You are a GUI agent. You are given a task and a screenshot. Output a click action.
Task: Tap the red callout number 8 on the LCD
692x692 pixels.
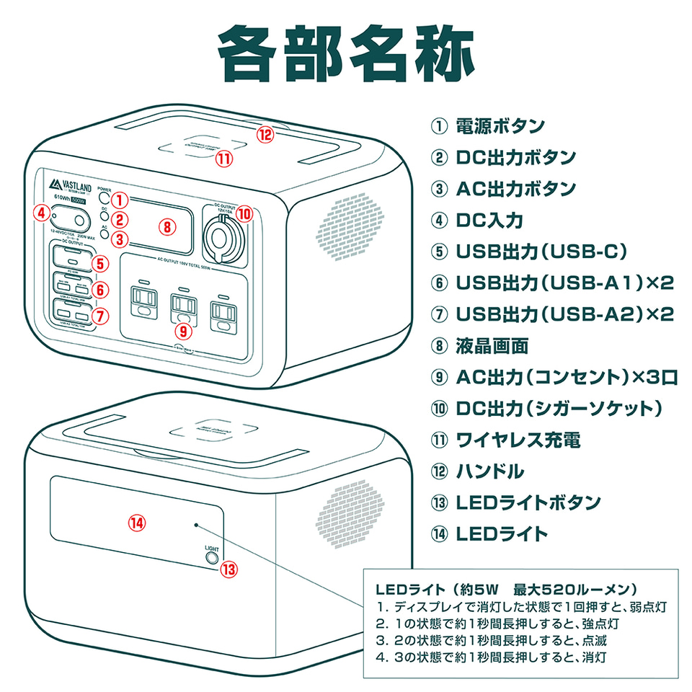pyautogui.click(x=167, y=226)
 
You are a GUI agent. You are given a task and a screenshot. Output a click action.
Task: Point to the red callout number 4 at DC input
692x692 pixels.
pyautogui.click(x=42, y=213)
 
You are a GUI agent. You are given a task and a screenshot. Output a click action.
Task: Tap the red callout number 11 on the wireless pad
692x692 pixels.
pyautogui.click(x=225, y=157)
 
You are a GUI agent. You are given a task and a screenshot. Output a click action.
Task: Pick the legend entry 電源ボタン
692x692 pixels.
pyautogui.click(x=500, y=125)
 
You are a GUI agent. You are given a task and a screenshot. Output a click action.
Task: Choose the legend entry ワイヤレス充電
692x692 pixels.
pyautogui.click(x=518, y=439)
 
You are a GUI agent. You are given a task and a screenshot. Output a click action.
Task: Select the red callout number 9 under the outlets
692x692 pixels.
pyautogui.click(x=184, y=331)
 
